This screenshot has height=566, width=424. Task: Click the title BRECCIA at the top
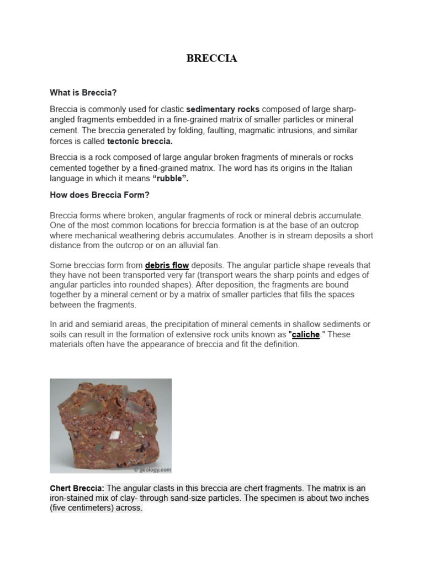tap(212, 59)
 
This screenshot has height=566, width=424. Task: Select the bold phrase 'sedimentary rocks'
tap(223, 109)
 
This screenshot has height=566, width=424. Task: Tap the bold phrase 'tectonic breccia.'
tap(140, 140)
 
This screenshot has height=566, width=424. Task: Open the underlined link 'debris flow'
tap(167, 265)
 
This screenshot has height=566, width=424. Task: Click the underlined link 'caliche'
tap(305, 334)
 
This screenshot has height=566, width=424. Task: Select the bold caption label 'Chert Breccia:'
tap(77, 488)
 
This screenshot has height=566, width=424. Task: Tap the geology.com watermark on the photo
tap(152, 469)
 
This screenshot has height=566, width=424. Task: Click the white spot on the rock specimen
tap(115, 436)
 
